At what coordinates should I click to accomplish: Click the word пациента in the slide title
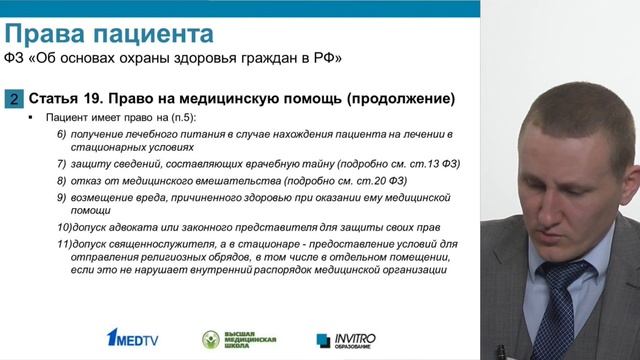151,34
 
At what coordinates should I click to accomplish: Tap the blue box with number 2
13,99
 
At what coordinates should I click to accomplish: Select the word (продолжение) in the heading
394,99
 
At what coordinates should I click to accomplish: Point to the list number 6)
62,134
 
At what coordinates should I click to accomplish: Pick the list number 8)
62,180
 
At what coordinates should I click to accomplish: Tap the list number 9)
62,198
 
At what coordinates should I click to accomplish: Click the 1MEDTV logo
132,340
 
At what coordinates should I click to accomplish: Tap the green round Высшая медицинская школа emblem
211,340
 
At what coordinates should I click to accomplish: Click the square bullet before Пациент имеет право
34,118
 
